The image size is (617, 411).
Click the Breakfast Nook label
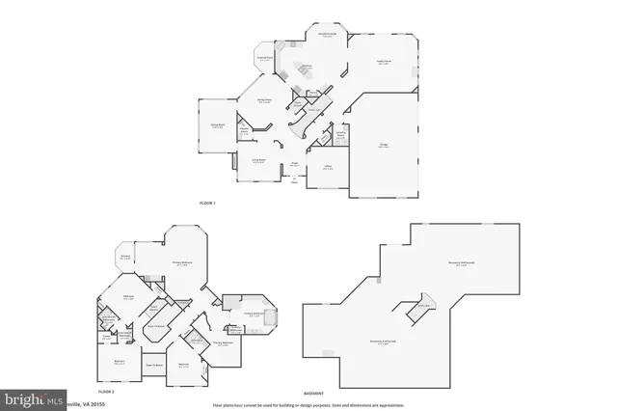(328, 36)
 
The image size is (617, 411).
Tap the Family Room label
(383, 63)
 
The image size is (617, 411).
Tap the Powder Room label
(245, 130)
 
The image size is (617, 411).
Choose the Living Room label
(259, 160)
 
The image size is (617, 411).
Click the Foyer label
(294, 163)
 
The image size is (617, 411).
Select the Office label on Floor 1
(328, 167)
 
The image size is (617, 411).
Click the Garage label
(383, 145)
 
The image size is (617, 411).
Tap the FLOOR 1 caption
(206, 203)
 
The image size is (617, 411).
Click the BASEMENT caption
(313, 393)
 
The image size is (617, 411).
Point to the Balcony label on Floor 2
(125, 257)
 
